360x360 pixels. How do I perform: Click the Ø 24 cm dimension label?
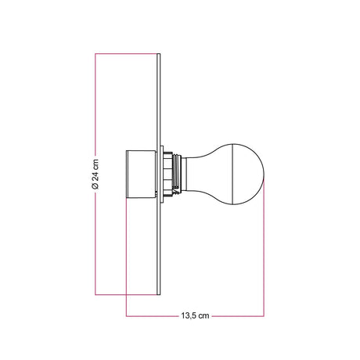click(95, 174)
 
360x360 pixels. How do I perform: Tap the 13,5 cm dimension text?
click(195, 316)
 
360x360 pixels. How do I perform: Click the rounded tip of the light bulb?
click(264, 174)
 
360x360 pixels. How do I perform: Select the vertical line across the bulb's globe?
click(232, 174)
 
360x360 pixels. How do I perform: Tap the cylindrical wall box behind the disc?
click(141, 174)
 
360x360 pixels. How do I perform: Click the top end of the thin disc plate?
click(158, 54)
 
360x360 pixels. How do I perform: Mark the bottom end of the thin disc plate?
click(158, 294)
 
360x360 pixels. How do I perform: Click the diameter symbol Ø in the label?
click(95, 185)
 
